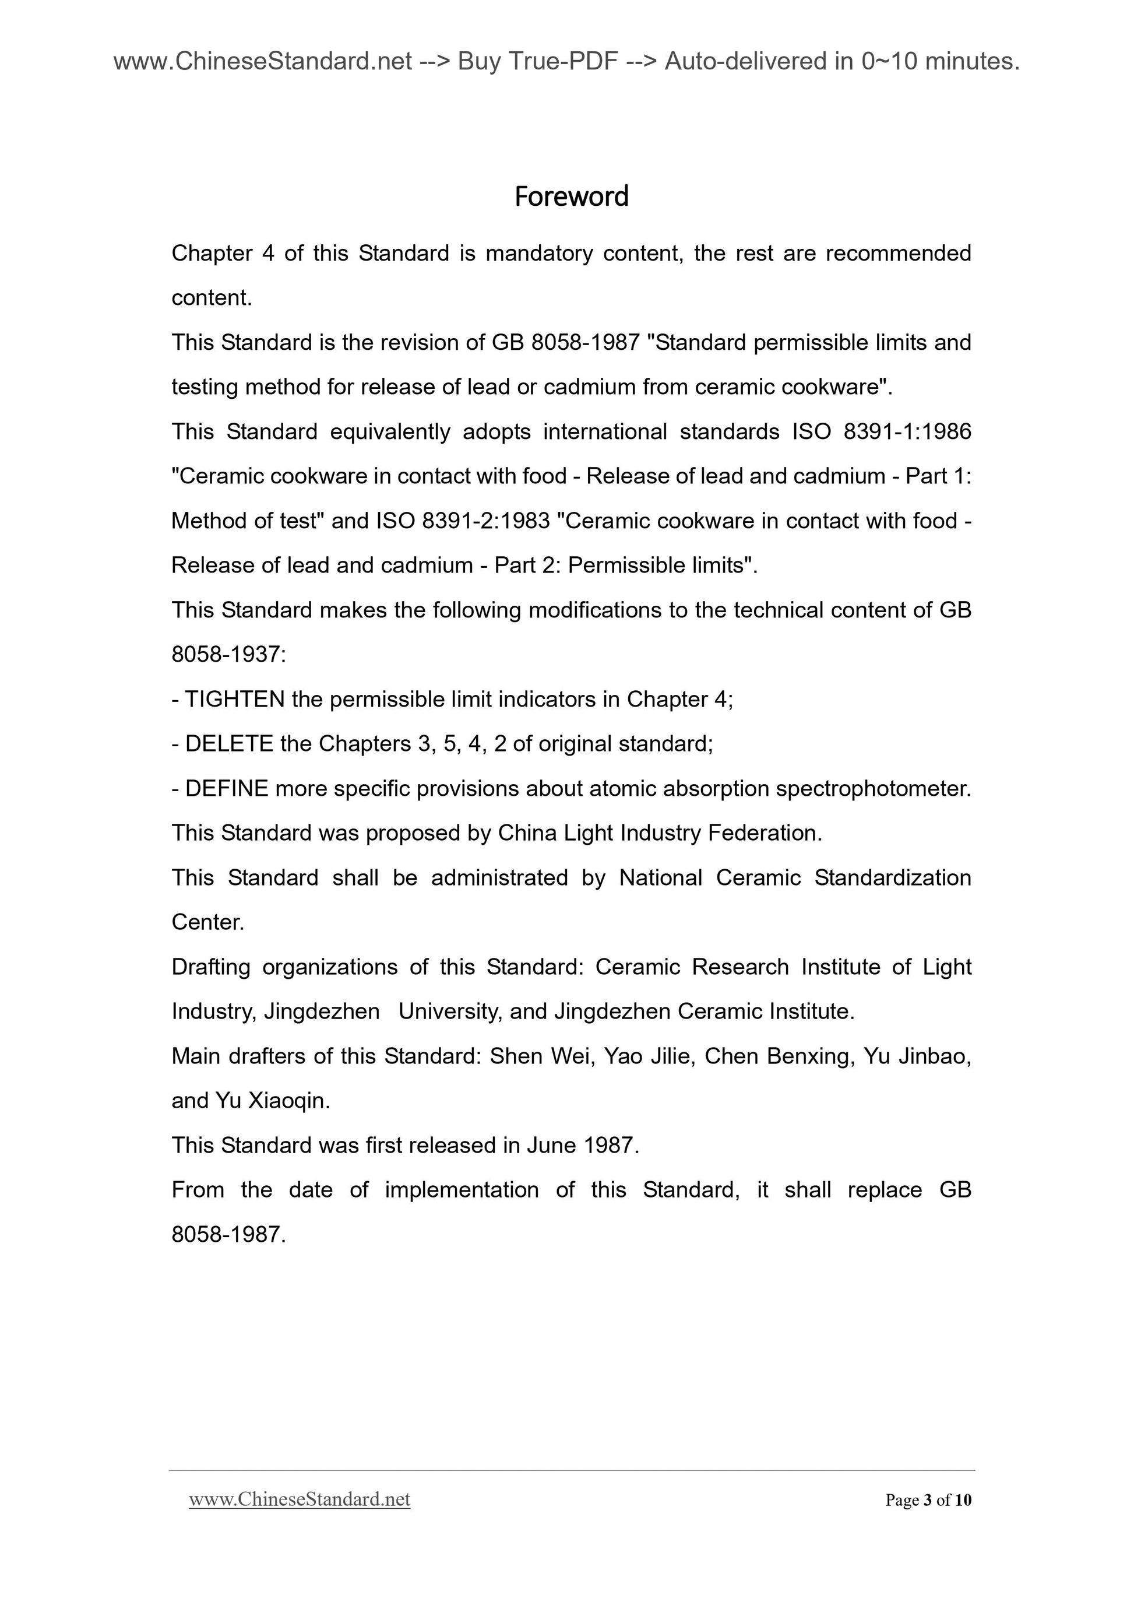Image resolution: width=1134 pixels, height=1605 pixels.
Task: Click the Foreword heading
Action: coord(572,196)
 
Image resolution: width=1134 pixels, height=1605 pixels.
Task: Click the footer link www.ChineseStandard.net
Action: coord(299,1499)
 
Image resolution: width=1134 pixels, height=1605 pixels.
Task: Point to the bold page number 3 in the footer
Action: coord(927,1500)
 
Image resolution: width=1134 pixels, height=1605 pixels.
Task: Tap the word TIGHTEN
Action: coord(235,699)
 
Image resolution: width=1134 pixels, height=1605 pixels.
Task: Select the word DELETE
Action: coord(229,744)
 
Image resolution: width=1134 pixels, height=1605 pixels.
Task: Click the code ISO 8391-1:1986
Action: coord(881,431)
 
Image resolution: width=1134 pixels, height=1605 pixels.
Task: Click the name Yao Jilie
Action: coord(649,1056)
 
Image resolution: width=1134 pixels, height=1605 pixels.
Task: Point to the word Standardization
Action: coord(892,877)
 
